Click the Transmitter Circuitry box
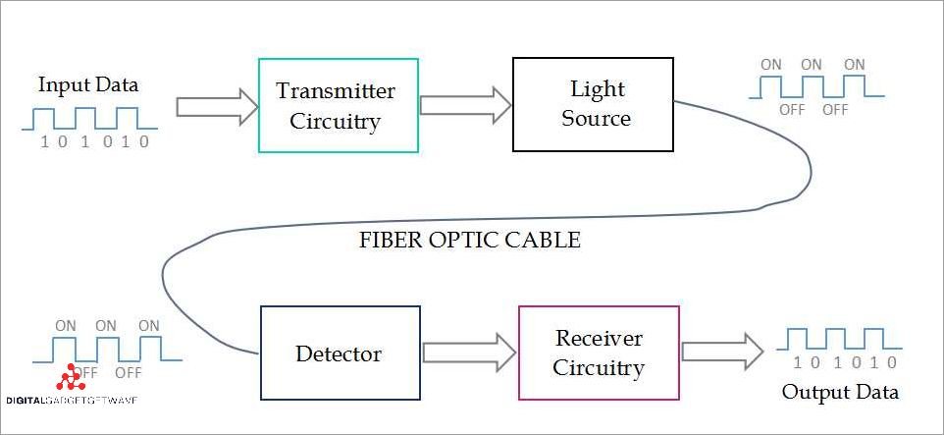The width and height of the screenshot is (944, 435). tap(338, 105)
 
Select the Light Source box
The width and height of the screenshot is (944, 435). tap(593, 104)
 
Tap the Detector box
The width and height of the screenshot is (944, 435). tap(340, 353)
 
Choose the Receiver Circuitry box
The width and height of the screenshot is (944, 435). tap(598, 353)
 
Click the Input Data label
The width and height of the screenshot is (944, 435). tap(88, 85)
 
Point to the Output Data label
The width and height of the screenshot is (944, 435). tap(840, 393)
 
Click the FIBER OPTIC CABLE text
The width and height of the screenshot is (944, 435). tap(471, 240)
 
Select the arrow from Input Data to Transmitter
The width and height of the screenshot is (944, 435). tap(216, 106)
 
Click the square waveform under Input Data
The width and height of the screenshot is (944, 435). tap(89, 118)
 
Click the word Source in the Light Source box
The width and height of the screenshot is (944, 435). tap(597, 119)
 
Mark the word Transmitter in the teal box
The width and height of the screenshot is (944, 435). tap(336, 91)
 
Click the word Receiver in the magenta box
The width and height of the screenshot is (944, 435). tap(599, 339)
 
